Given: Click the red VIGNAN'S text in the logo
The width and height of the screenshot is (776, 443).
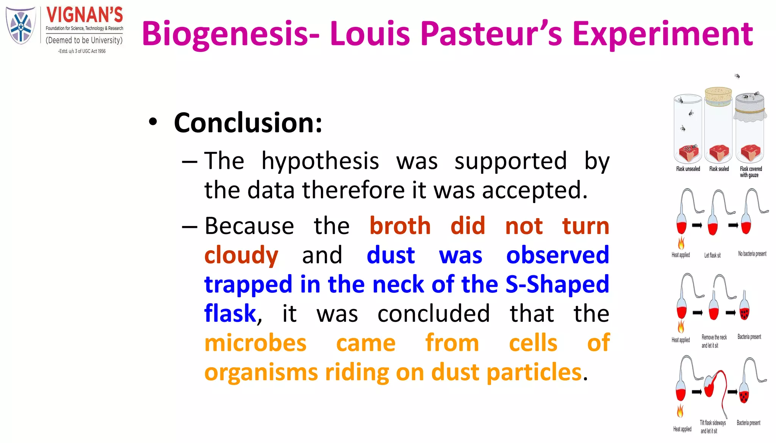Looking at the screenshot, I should pyautogui.click(x=84, y=15).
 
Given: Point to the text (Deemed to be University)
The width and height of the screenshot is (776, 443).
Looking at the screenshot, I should pyautogui.click(x=84, y=40).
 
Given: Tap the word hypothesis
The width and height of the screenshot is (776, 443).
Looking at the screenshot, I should pyautogui.click(x=320, y=161).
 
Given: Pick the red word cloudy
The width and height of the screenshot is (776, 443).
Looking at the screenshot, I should pyautogui.click(x=241, y=255).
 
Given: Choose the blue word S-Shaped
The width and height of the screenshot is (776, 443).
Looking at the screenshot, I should pyautogui.click(x=557, y=284).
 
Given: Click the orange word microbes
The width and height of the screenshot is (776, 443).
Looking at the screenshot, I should pyautogui.click(x=255, y=343).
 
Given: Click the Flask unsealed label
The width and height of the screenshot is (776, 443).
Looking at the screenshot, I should pyautogui.click(x=688, y=169).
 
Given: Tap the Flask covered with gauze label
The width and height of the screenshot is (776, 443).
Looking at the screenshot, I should pyautogui.click(x=751, y=172).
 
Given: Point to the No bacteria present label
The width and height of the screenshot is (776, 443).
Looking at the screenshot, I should pyautogui.click(x=752, y=254).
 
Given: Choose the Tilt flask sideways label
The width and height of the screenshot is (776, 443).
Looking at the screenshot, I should pyautogui.click(x=712, y=427).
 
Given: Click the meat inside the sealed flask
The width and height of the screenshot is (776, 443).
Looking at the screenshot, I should pyautogui.click(x=719, y=152).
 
